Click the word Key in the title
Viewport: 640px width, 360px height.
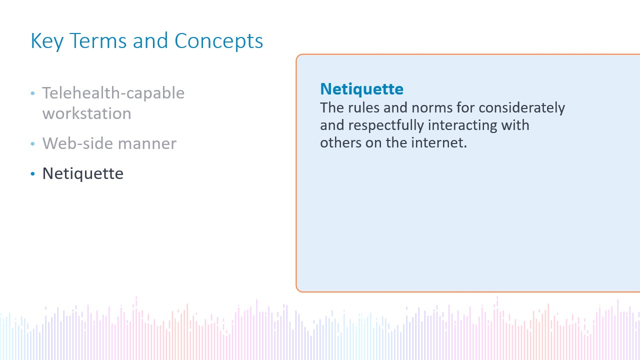tap(47, 41)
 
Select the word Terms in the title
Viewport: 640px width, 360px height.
tap(98, 41)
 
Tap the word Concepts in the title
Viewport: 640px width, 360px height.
tap(218, 41)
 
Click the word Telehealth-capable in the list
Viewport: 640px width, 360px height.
tap(113, 93)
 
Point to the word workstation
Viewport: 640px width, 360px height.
tap(87, 113)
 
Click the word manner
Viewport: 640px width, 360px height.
tap(147, 144)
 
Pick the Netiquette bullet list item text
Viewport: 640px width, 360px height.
tap(83, 173)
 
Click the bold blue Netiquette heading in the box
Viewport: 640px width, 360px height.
tap(361, 89)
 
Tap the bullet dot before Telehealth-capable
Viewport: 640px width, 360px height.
tap(32, 93)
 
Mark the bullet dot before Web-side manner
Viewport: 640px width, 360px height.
tap(32, 143)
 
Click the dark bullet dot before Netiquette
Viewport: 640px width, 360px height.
tap(32, 173)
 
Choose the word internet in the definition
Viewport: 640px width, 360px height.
tap(439, 142)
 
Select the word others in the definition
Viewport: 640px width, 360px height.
tap(340, 142)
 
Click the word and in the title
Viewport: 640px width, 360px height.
tap(150, 41)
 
